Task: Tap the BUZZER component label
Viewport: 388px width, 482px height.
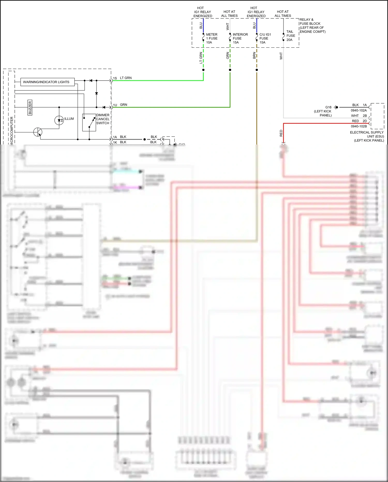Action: pyautogui.click(x=30, y=107)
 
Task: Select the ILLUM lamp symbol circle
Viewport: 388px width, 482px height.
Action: pyautogui.click(x=59, y=120)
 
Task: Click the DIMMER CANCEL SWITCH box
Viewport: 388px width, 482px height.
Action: pyautogui.click(x=89, y=122)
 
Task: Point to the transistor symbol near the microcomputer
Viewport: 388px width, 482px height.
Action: pyautogui.click(x=38, y=132)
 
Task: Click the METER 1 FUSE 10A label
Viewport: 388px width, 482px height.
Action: pyautogui.click(x=212, y=38)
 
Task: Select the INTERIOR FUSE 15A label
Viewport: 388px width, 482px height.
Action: pyautogui.click(x=240, y=38)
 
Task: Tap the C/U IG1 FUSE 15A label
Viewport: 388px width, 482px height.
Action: pyautogui.click(x=265, y=38)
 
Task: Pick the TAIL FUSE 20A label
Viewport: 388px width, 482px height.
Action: pyautogui.click(x=290, y=36)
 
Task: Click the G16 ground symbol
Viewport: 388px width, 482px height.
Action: pyautogui.click(x=336, y=107)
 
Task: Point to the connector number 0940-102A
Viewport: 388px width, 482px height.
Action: pyautogui.click(x=359, y=110)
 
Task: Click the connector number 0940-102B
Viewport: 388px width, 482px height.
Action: pyautogui.click(x=359, y=126)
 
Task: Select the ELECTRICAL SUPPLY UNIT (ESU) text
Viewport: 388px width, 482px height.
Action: pyautogui.click(x=367, y=136)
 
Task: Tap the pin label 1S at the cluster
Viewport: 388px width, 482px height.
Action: pyautogui.click(x=115, y=78)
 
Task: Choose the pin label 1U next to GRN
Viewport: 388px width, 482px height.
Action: pyautogui.click(x=115, y=105)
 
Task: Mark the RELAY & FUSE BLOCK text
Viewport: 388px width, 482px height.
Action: pyautogui.click(x=312, y=25)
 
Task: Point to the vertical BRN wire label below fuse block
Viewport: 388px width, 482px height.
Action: pyautogui.click(x=254, y=55)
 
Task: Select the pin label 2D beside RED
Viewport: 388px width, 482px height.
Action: pyautogui.click(x=365, y=121)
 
